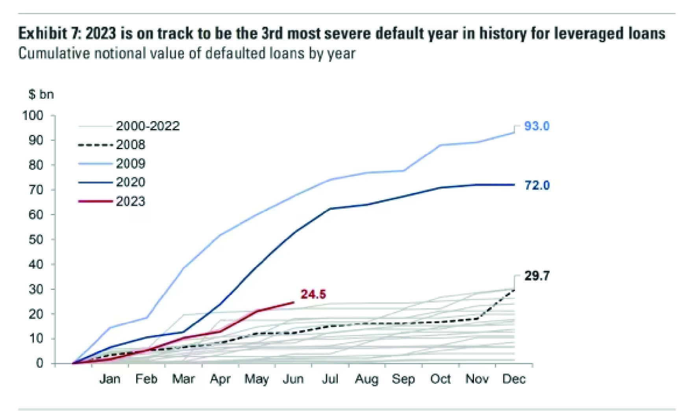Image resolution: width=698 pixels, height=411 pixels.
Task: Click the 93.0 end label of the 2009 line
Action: point(537,126)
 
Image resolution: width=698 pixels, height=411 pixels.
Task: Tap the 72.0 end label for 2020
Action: point(537,185)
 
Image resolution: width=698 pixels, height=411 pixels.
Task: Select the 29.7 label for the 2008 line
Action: point(537,276)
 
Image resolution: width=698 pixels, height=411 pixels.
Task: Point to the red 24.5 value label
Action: point(313,294)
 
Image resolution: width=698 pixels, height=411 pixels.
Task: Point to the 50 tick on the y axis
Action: point(36,240)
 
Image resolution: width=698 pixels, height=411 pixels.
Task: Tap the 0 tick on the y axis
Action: point(39,363)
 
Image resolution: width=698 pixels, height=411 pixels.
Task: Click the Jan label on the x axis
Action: point(109,379)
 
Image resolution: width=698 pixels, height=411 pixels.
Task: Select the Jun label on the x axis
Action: point(293,379)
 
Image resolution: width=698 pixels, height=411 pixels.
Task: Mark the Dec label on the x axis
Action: point(514,379)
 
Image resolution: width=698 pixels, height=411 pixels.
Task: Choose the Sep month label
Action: point(403,379)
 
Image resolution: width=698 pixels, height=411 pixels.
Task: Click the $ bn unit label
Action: point(41,95)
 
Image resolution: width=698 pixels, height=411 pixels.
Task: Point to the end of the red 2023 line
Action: point(293,302)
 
